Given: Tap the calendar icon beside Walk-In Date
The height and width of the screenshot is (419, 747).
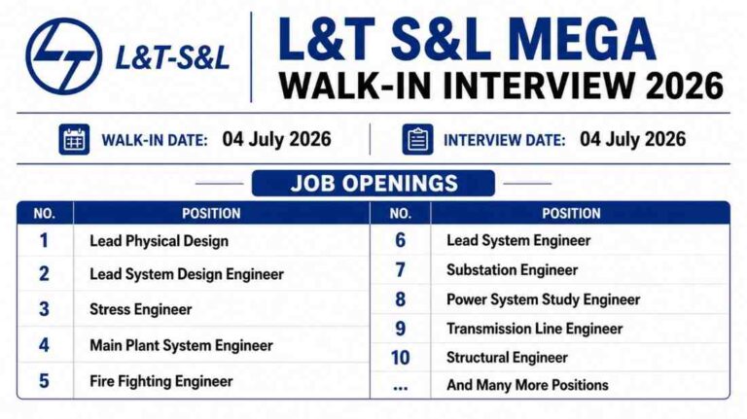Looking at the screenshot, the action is point(74,140).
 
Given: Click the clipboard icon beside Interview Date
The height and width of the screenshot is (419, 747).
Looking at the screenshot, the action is point(417,140).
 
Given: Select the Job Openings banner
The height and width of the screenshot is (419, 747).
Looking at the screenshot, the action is point(373,184).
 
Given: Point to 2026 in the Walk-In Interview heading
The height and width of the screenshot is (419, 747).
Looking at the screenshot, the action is point(685,86).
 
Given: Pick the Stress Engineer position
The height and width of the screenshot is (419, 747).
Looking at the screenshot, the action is point(140,309).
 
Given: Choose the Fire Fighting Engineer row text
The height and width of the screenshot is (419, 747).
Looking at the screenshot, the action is point(161,381).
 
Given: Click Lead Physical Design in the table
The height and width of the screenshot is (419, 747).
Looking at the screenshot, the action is point(160,241).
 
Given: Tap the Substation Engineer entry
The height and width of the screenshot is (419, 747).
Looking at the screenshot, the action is point(513,270).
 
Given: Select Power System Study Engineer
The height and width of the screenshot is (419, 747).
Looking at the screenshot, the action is point(543,299).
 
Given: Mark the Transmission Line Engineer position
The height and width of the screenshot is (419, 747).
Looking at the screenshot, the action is point(535,329).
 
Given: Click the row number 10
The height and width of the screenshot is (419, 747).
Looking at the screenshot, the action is point(400,358).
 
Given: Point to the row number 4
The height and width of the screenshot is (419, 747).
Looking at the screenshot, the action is point(44,345).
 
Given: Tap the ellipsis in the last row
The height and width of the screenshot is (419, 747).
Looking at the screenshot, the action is point(400,389).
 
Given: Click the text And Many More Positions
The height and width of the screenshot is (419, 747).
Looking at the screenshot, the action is point(527,385).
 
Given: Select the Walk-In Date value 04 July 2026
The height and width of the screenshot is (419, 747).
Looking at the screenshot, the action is point(277,139).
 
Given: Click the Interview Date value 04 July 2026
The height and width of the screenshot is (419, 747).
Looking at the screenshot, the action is point(632,139).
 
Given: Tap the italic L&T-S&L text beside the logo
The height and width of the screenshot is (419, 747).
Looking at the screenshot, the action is point(172,58).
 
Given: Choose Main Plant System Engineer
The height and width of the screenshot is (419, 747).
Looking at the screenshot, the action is point(181,346).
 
